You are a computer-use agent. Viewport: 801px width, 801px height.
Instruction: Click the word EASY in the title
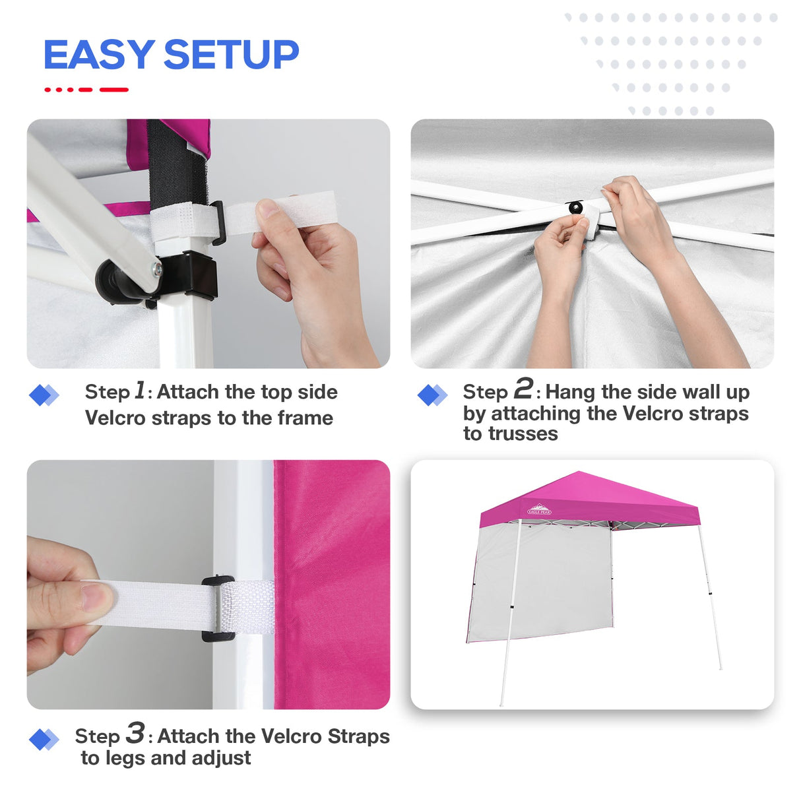click(x=100, y=54)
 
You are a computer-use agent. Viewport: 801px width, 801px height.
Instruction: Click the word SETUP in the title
click(x=232, y=54)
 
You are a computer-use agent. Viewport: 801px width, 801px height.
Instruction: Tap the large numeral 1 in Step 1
click(x=140, y=390)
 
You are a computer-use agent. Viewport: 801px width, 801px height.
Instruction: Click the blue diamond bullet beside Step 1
click(x=44, y=395)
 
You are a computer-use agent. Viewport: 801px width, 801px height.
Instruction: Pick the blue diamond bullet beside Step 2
click(x=432, y=395)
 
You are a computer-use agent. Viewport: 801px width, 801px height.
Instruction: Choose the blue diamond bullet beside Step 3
click(x=44, y=739)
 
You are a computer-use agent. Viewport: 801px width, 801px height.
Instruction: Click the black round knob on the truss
click(x=576, y=207)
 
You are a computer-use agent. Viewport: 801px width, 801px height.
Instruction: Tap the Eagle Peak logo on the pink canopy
click(x=539, y=509)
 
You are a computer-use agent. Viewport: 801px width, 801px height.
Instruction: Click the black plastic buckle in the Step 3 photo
click(x=218, y=608)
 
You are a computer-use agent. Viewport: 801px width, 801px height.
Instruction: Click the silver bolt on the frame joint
click(x=158, y=269)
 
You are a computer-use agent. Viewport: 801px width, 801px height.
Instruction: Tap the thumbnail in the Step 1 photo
click(x=268, y=208)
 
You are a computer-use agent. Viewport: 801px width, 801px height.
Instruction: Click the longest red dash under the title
click(x=114, y=90)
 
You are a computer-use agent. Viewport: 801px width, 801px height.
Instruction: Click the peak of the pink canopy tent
click(x=579, y=472)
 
